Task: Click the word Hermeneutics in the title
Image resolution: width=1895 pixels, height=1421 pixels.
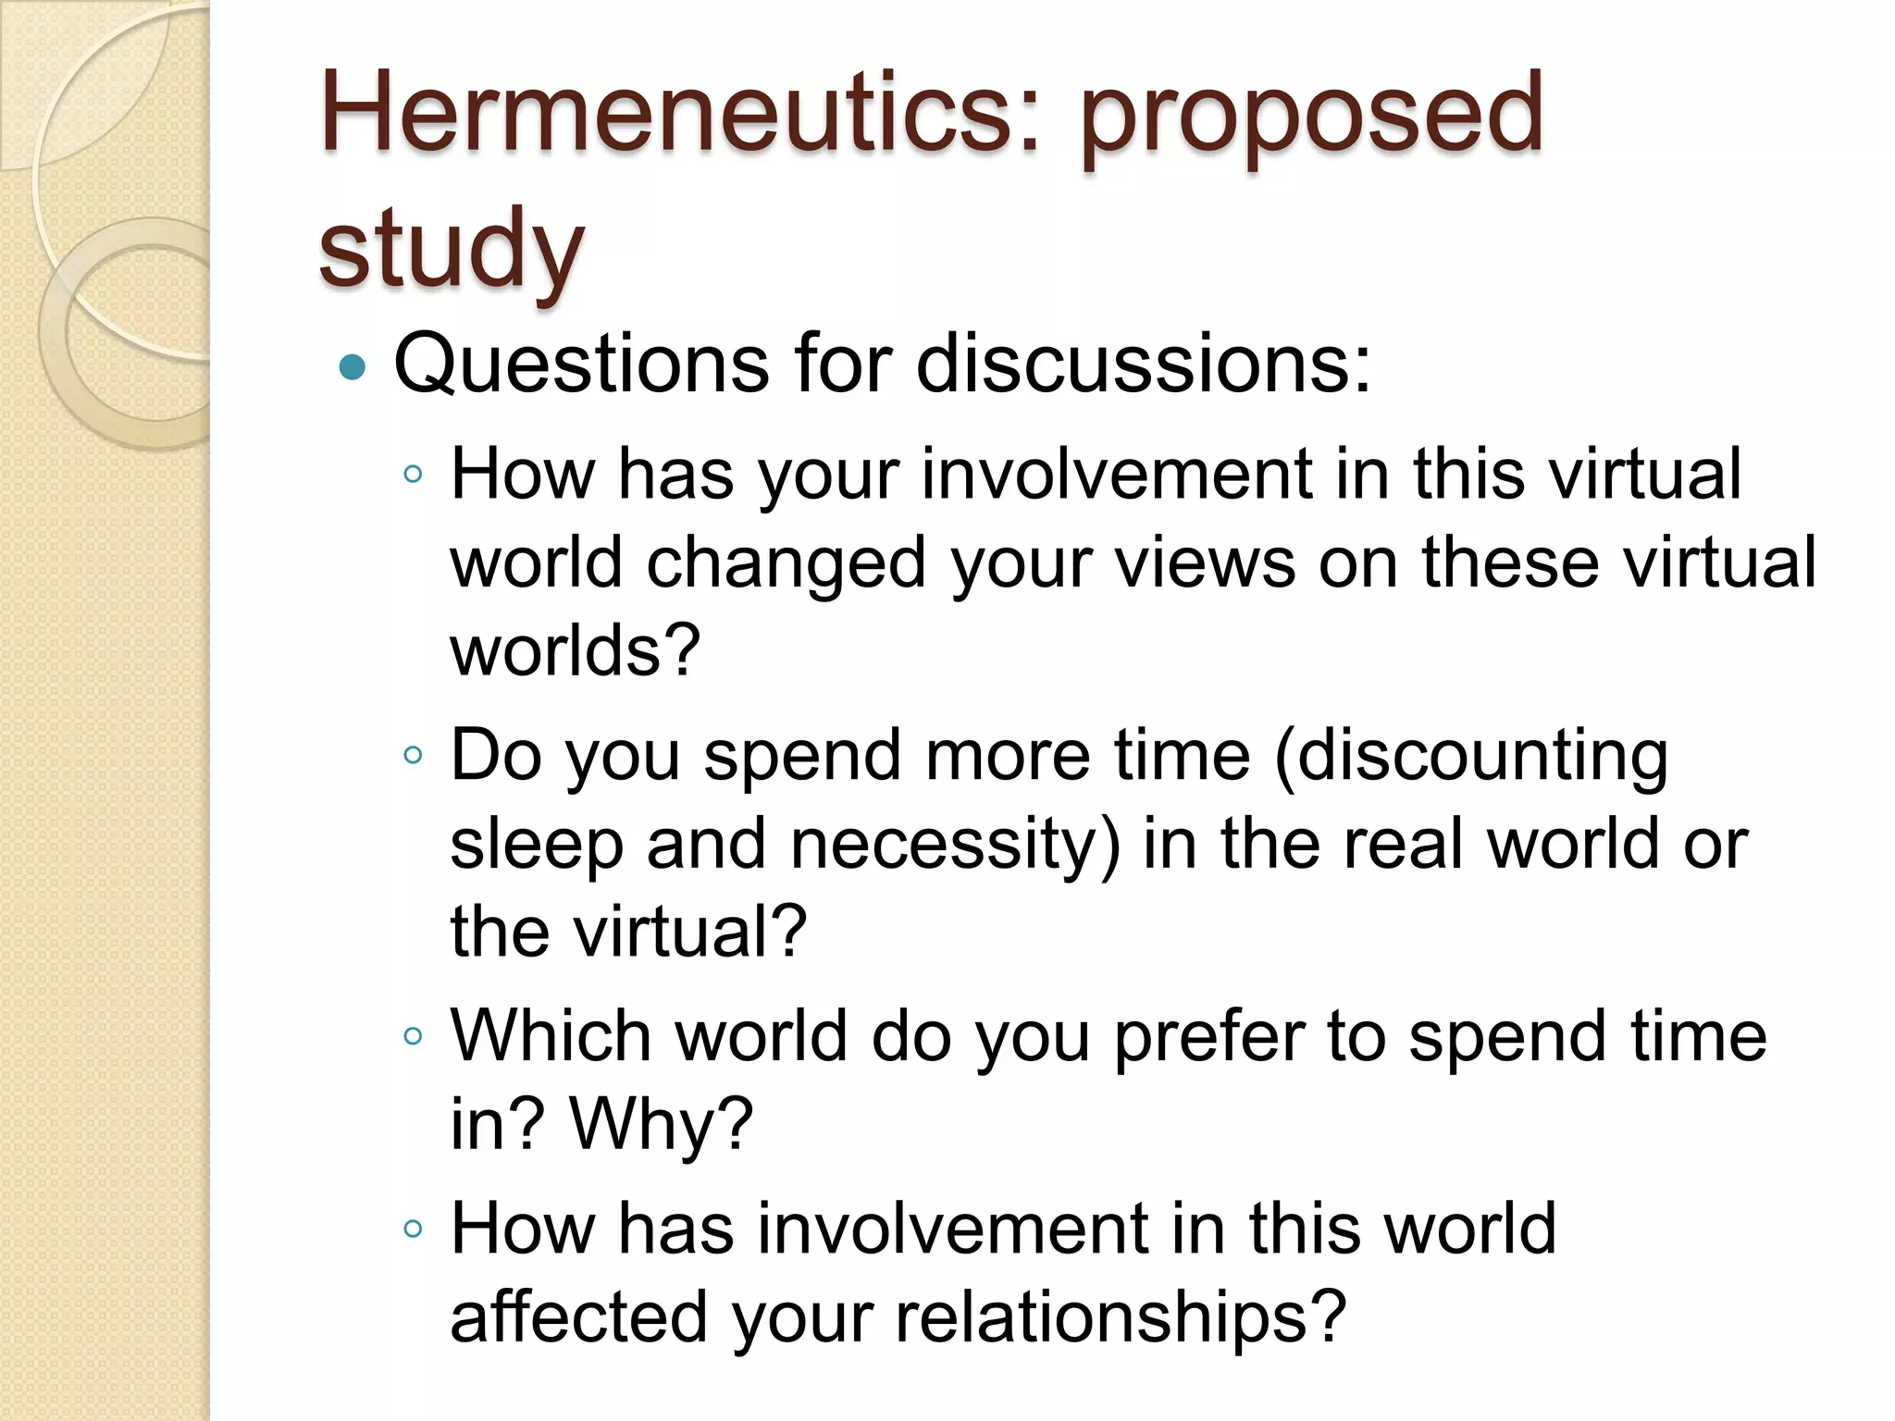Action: pos(680,113)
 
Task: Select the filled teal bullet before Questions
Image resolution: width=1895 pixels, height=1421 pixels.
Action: pos(353,367)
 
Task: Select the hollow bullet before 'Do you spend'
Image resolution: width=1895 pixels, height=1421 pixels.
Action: pos(414,755)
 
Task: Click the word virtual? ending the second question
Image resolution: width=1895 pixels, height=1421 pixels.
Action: pos(690,932)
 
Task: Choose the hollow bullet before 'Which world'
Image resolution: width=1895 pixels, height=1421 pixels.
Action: pos(414,1036)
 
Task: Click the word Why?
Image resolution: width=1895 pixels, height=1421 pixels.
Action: pos(662,1125)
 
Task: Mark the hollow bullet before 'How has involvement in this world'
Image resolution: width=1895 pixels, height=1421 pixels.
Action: pos(414,1229)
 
